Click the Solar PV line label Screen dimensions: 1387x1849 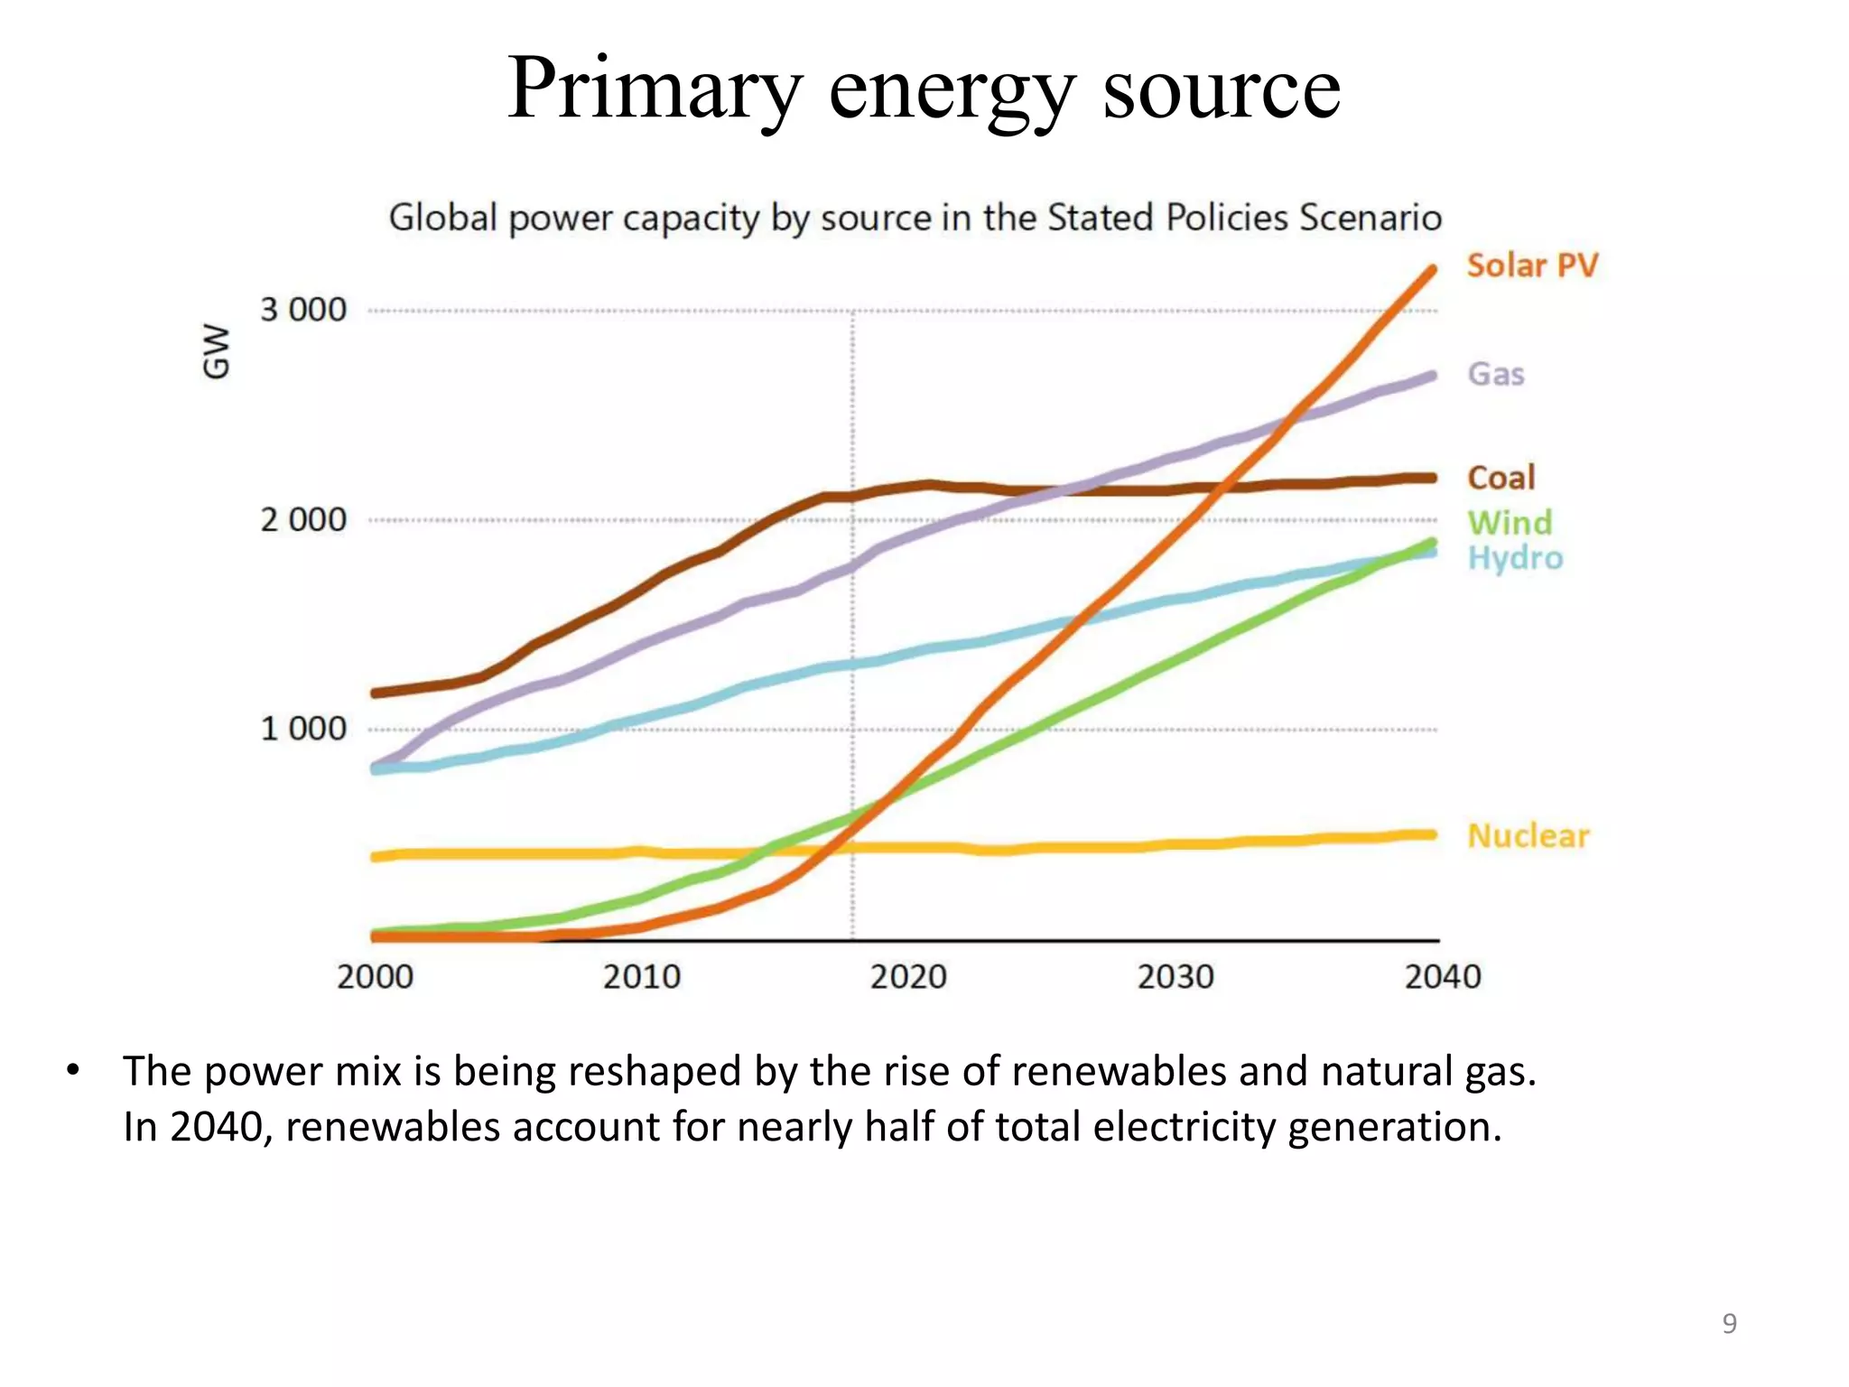coord(1532,265)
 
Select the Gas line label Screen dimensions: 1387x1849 coord(1496,374)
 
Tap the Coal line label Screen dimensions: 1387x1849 coord(1501,478)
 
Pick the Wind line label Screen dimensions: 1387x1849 coord(1510,522)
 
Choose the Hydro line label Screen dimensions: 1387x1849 coord(1515,558)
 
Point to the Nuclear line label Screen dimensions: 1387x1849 coord(1528,835)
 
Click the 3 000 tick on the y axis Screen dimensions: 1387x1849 coord(303,310)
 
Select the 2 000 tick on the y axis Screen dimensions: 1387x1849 coord(303,520)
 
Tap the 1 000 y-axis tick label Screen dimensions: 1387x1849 coord(303,729)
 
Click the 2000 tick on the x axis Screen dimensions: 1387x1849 coord(375,977)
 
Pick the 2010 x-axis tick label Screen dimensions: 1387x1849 coord(642,977)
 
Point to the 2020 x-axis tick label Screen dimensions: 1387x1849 coord(908,977)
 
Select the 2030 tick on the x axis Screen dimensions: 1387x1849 coord(1175,977)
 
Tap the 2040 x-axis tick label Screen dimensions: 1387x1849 coord(1443,977)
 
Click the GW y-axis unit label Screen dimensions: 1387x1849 coord(217,351)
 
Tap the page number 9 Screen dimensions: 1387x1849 coord(1729,1324)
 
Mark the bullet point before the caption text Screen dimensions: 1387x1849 coord(73,1072)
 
